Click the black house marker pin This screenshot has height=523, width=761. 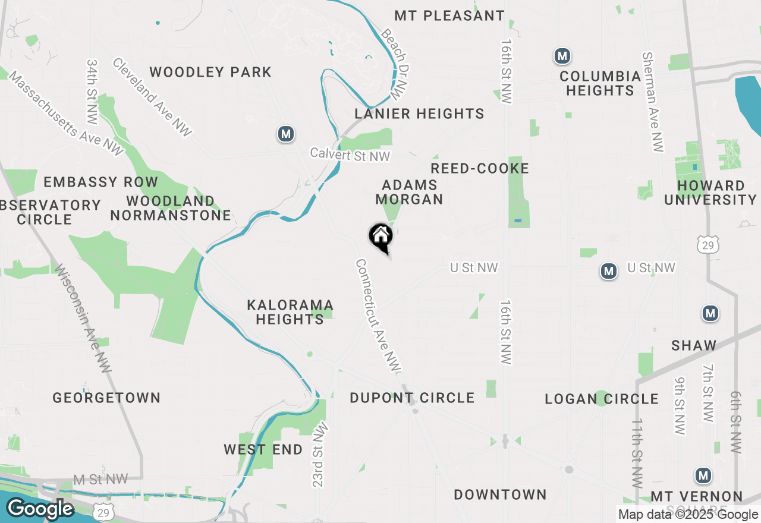(380, 237)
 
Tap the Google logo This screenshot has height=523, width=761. (40, 509)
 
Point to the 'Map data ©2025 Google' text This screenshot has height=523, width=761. (688, 515)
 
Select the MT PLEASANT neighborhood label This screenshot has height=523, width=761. (449, 16)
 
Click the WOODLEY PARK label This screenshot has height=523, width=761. (210, 73)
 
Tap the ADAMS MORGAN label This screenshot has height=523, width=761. (410, 193)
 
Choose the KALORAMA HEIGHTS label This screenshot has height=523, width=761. (290, 312)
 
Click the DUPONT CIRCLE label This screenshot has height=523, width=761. (412, 398)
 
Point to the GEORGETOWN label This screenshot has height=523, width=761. (106, 398)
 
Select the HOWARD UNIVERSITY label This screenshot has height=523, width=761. (710, 193)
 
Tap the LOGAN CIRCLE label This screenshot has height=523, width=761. (602, 399)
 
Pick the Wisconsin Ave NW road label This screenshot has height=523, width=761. (83, 319)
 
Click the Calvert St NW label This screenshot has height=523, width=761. (350, 155)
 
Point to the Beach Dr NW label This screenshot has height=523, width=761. (396, 64)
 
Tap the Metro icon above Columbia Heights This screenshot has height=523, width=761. (562, 56)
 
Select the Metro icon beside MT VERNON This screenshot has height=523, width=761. (704, 475)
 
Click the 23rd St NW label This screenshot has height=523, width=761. (319, 455)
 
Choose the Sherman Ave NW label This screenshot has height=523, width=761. (652, 102)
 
